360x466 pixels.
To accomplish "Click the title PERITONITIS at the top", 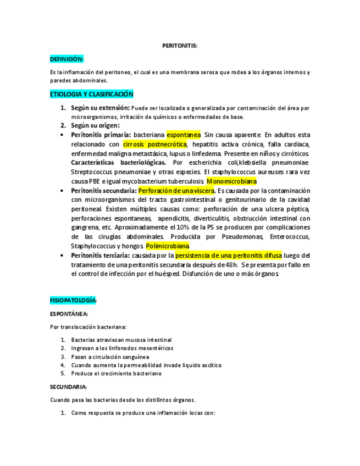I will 180,46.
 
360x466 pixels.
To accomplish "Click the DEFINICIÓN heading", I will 67,59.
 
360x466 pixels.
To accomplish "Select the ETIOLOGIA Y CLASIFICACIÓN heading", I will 92,95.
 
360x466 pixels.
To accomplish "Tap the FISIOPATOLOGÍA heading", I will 74,301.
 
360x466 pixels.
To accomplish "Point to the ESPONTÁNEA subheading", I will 69,314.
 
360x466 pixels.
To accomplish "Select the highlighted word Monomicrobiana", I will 232,181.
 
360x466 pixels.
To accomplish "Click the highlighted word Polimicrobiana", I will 168,246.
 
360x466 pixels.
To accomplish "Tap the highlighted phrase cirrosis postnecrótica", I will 155,145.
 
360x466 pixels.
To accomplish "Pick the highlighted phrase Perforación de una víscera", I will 176,191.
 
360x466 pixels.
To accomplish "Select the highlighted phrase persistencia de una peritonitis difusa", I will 229,256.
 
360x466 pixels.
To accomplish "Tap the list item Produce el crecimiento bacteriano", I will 116,374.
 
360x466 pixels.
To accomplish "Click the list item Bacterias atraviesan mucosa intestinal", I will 121,340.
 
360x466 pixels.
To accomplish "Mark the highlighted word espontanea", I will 184,135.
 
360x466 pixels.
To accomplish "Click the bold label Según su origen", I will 95,125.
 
